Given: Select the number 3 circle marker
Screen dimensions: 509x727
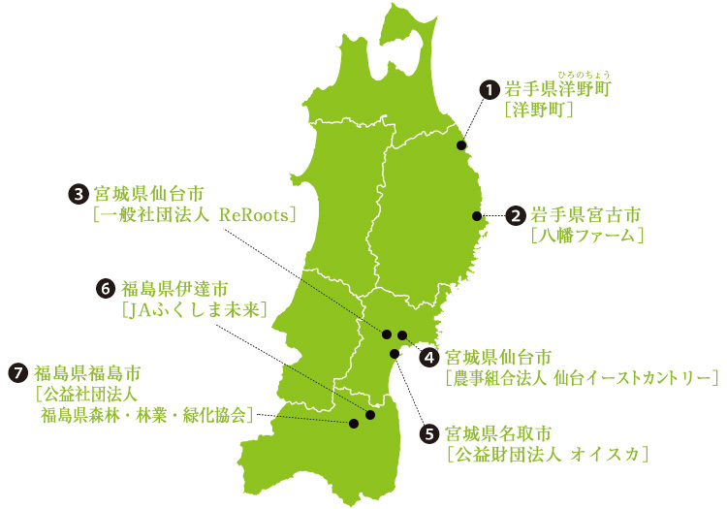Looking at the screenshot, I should click(x=79, y=193).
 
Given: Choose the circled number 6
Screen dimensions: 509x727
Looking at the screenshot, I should click(x=107, y=288).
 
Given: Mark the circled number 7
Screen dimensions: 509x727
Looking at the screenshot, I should click(x=17, y=372).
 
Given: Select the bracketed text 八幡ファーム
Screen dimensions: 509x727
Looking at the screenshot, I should click(x=587, y=235).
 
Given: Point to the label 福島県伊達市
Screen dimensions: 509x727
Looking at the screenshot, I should click(x=174, y=288).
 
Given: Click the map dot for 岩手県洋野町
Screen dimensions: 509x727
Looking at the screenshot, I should click(x=461, y=145).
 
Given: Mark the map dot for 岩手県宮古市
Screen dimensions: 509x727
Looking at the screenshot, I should click(x=475, y=215).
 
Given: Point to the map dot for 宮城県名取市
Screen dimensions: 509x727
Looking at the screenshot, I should click(x=394, y=354).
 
